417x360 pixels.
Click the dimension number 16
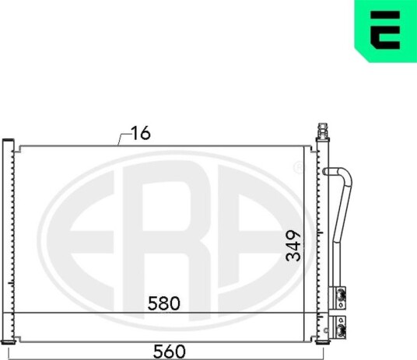pos(141,133)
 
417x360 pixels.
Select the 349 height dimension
pos(293,246)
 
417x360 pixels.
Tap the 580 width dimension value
pos(164,303)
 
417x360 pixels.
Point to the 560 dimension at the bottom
pos(169,351)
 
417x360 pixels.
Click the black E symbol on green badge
pos(385,30)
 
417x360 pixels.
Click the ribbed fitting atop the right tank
pos(323,131)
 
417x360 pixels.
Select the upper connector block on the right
pos(338,298)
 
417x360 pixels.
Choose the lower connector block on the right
pos(338,327)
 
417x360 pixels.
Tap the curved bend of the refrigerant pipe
pos(345,177)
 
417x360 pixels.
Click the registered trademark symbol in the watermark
pos(298,167)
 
